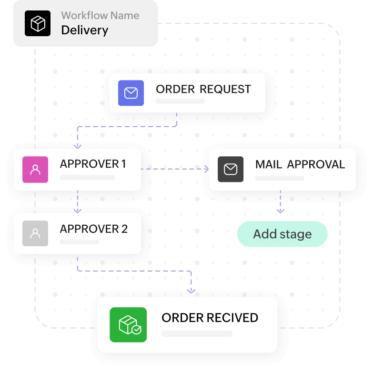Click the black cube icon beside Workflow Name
click(37, 23)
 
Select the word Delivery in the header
click(85, 30)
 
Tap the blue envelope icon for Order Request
click(131, 93)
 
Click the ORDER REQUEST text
click(203, 89)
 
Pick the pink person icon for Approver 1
click(35, 169)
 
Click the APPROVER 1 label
click(93, 164)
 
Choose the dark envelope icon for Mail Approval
click(231, 169)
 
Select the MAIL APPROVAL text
click(300, 164)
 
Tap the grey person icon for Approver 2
click(35, 233)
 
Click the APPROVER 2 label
click(94, 229)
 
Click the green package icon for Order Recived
click(128, 325)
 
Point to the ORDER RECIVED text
click(210, 318)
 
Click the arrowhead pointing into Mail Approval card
click(206, 169)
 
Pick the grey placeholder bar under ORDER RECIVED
click(197, 333)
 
